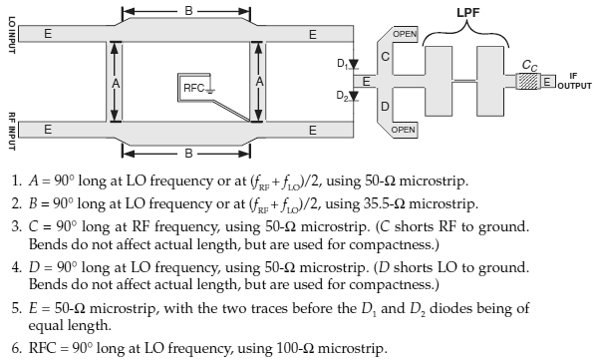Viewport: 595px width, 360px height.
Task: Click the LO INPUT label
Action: click(12, 35)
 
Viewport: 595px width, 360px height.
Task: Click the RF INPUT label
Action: click(12, 132)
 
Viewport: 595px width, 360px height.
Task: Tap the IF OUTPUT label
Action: click(574, 81)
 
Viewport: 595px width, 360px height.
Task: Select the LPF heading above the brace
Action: click(467, 13)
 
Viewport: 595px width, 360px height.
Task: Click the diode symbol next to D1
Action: click(354, 64)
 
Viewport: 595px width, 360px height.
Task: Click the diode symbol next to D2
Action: click(354, 96)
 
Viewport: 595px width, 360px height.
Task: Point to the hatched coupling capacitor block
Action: click(528, 81)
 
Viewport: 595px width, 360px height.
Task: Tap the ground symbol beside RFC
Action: click(210, 90)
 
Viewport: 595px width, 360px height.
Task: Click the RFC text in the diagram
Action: click(194, 88)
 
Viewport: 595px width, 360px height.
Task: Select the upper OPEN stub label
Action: click(405, 34)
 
